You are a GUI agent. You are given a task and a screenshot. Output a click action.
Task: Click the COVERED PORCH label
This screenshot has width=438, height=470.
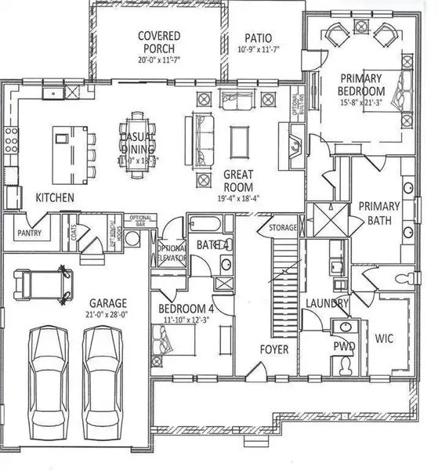coord(159,42)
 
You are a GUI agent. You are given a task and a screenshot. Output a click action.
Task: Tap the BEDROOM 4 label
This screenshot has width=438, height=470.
coord(186,308)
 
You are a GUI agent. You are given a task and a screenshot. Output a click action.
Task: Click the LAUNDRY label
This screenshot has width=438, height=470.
coord(321,302)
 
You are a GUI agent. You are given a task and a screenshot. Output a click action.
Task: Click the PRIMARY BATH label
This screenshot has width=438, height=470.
coord(379,213)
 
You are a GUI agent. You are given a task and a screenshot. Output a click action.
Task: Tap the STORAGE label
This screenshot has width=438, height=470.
coord(283,228)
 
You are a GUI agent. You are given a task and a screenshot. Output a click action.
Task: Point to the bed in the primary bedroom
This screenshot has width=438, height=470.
coord(399,96)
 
